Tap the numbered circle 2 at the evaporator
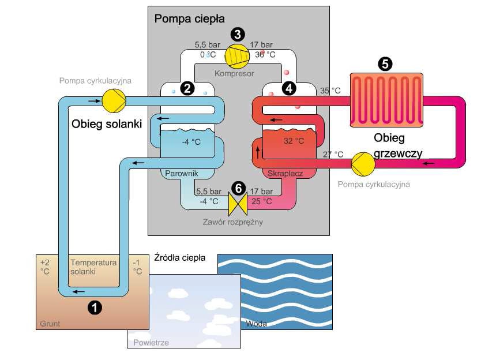186,88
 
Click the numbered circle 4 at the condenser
288,88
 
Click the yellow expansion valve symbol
237,201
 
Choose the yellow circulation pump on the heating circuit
363,162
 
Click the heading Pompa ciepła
181,18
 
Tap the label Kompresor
234,74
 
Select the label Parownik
182,173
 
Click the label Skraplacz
285,173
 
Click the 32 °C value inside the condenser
294,141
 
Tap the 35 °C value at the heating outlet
330,91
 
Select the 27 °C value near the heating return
332,155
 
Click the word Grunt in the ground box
50,324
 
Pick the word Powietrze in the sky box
151,343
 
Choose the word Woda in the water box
256,324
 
